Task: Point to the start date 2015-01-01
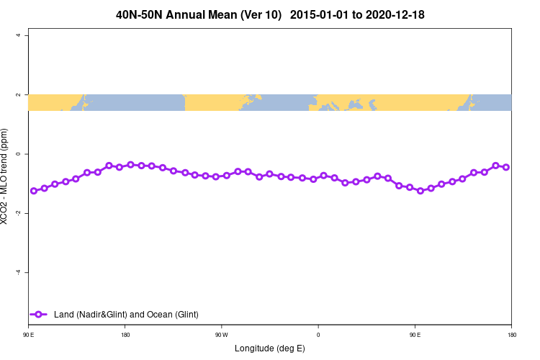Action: (x=319, y=14)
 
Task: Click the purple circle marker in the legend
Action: (x=40, y=314)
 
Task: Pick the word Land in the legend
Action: (x=64, y=314)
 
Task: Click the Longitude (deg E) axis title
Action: (x=269, y=348)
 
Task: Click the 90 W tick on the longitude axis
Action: (x=221, y=335)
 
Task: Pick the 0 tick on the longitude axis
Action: (x=318, y=335)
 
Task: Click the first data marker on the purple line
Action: (x=34, y=191)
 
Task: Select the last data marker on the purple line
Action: (x=506, y=167)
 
